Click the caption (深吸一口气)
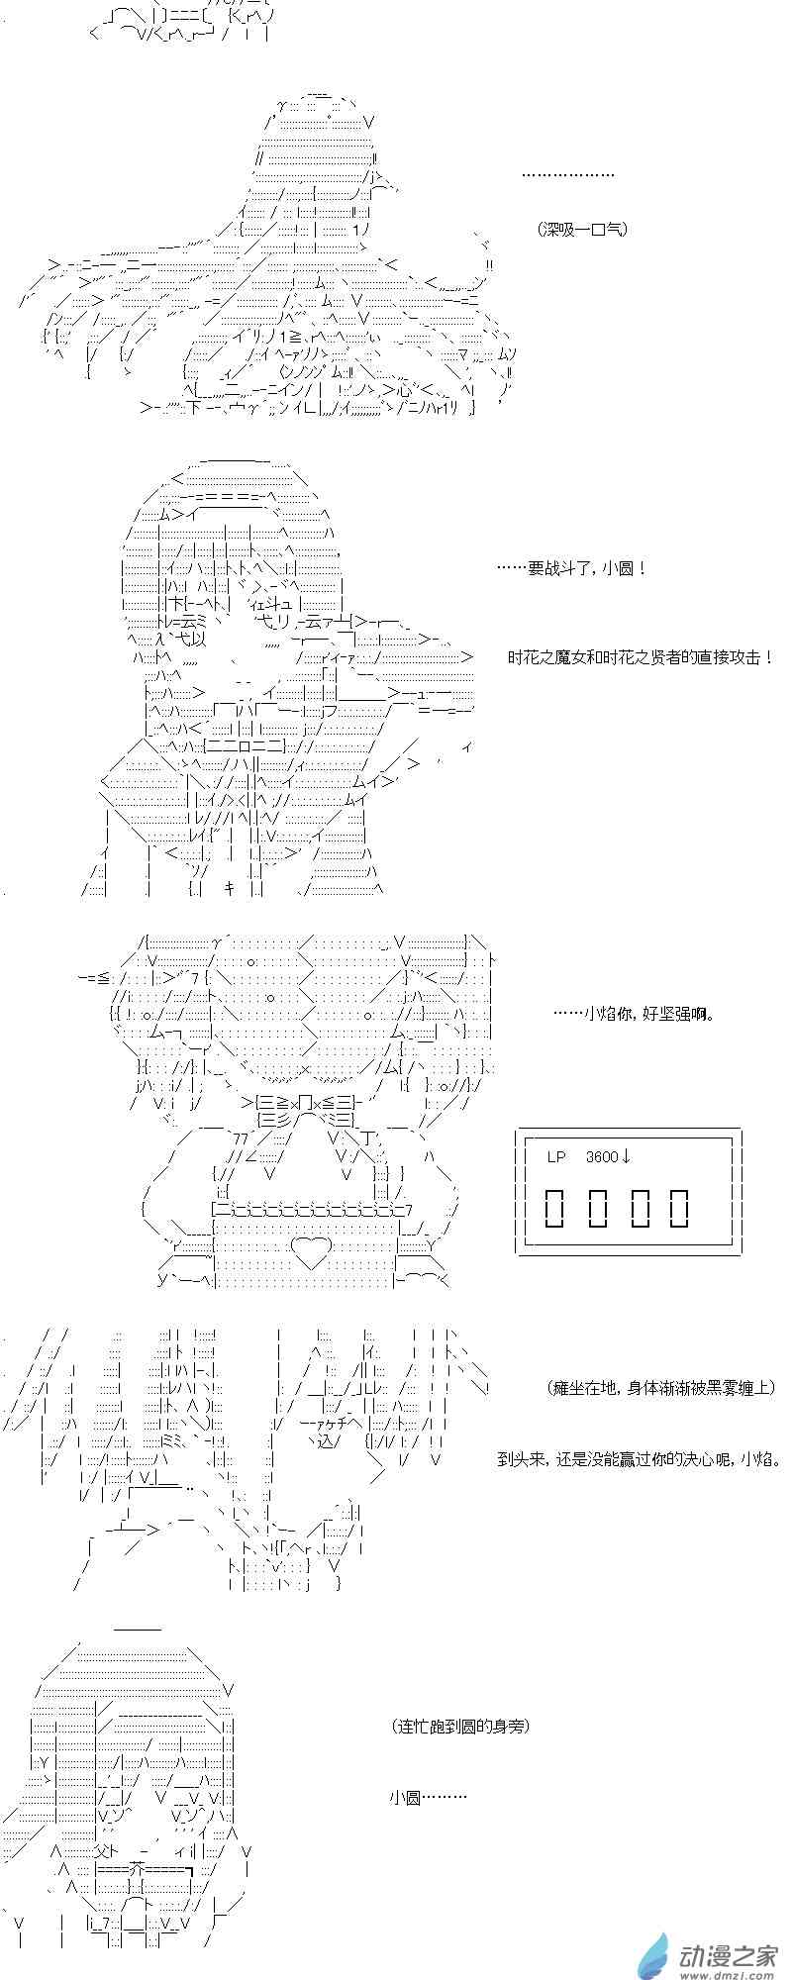pyautogui.click(x=584, y=229)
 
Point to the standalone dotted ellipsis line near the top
pyautogui.click(x=567, y=175)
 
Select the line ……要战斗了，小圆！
pyautogui.click(x=572, y=569)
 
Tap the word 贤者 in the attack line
pyautogui.click(x=659, y=657)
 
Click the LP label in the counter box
pyautogui.click(x=556, y=1156)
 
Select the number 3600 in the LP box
pyautogui.click(x=602, y=1156)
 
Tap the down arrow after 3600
pyautogui.click(x=627, y=1156)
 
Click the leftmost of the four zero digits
pyautogui.click(x=555, y=1207)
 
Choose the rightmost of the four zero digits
pyautogui.click(x=679, y=1207)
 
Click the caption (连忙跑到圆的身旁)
pyautogui.click(x=460, y=1726)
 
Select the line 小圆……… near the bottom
pyautogui.click(x=427, y=1797)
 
